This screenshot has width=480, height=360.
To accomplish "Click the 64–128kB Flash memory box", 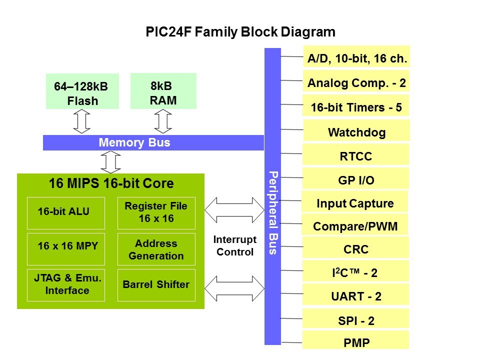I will coord(82,92).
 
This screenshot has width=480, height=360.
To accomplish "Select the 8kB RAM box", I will coord(163,91).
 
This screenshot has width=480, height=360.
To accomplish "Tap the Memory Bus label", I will coord(134,143).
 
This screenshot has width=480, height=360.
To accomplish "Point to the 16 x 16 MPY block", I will coord(65,248).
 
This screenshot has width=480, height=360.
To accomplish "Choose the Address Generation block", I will coord(156,249).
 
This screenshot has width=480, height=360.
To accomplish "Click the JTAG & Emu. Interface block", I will coord(65,285).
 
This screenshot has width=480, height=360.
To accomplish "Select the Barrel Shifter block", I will coord(156,285).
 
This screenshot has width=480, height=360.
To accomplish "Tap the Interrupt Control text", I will coord(235,245).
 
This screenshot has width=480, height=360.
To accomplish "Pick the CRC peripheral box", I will coord(355,248).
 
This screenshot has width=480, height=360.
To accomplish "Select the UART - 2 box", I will coord(355,295).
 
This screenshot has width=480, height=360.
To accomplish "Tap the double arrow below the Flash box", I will coord(81,121).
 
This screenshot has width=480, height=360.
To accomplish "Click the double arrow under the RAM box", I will coord(162,121).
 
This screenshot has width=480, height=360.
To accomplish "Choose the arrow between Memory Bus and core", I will coord(110,161).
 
